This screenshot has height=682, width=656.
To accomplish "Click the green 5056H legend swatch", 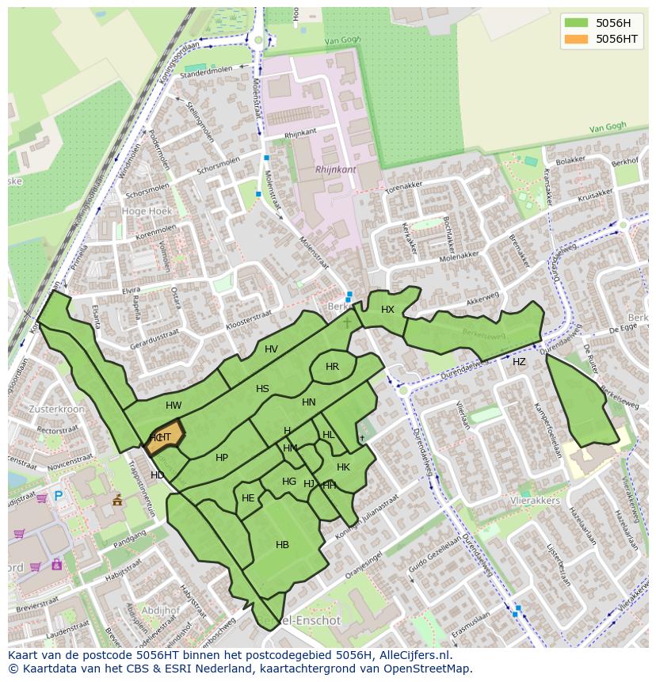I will click(x=576, y=23).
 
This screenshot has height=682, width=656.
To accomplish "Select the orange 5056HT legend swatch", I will click(x=576, y=39).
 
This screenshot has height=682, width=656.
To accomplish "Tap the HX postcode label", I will click(x=387, y=310).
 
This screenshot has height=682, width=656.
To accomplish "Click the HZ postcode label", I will click(x=519, y=362).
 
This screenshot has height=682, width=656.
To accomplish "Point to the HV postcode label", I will click(x=271, y=349).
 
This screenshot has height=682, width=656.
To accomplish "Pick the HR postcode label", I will click(x=332, y=367).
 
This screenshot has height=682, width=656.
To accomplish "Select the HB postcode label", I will click(x=282, y=544).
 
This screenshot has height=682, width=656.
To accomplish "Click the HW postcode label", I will click(x=174, y=406).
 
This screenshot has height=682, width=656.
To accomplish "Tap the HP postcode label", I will click(x=222, y=458).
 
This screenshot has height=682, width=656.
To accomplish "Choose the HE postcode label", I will click(x=248, y=498).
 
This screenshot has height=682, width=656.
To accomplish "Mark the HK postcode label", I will click(x=343, y=467).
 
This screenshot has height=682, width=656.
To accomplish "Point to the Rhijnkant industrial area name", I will click(x=335, y=170).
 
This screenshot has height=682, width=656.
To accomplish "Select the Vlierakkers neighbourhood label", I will click(x=536, y=501).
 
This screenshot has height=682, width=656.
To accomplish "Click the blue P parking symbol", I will click(x=58, y=497).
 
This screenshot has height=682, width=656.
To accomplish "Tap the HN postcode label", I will click(x=309, y=402).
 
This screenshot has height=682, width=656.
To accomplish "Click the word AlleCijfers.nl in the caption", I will click(x=410, y=655).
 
